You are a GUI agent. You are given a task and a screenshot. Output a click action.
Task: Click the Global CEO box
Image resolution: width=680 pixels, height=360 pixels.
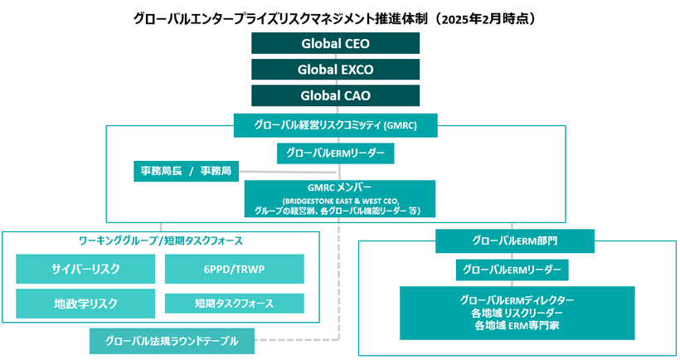pos(336,43)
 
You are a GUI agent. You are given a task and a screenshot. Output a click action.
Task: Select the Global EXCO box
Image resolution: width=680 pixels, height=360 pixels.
pos(336,69)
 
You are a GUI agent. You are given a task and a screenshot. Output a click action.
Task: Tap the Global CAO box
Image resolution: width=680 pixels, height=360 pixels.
pos(336,95)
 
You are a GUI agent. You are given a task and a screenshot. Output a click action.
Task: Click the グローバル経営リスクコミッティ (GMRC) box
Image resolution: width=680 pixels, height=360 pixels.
pos(335,126)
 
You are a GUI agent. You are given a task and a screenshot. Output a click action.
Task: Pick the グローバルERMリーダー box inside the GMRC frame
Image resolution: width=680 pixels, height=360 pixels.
pos(335,153)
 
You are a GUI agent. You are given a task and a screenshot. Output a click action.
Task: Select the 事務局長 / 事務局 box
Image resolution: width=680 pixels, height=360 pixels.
pos(186,171)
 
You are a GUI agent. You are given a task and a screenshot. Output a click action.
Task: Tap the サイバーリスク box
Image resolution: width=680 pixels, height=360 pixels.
pos(85,269)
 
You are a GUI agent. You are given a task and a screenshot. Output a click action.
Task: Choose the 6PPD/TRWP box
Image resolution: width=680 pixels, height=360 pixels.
pos(235,269)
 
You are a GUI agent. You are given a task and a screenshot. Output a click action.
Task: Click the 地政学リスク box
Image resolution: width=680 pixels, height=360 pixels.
pos(85,303)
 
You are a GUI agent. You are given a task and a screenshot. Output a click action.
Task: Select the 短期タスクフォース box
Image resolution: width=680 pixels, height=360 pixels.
pos(235,303)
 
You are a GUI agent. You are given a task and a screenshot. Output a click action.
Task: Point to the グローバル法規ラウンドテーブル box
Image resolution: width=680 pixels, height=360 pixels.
pos(172,340)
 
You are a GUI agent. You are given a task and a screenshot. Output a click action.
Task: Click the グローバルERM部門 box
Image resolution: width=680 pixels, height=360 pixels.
pos(514,241)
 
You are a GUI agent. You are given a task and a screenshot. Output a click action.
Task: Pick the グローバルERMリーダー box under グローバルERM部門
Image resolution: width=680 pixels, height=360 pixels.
pos(512,270)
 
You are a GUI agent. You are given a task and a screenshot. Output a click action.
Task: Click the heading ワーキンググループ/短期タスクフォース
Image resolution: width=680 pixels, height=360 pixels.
pos(161,241)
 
